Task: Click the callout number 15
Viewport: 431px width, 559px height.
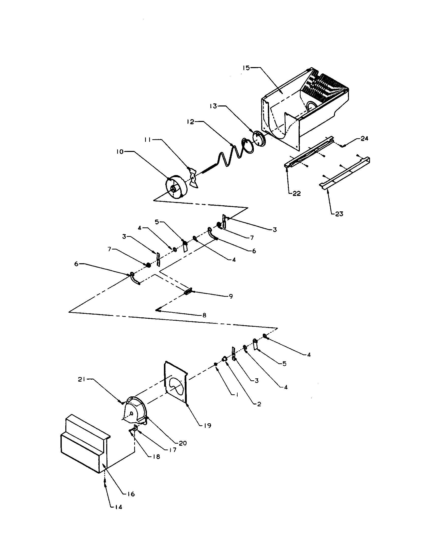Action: [246, 68]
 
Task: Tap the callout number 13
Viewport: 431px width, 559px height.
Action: [213, 106]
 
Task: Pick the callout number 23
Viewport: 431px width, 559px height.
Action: [339, 214]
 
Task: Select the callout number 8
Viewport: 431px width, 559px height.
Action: [204, 315]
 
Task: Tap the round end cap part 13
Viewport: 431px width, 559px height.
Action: [259, 139]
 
